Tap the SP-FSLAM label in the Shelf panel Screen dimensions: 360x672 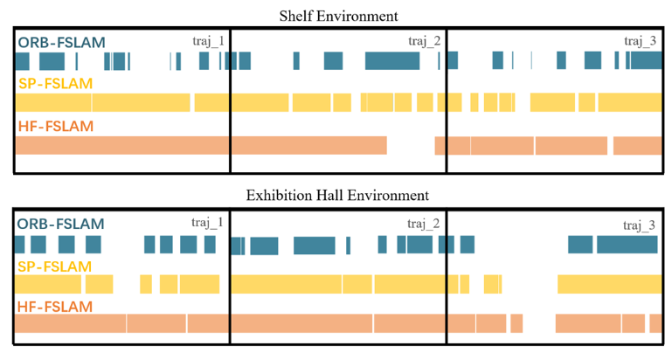[55, 83]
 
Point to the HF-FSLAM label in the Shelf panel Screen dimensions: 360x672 [55, 126]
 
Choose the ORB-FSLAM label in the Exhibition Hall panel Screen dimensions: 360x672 [61, 225]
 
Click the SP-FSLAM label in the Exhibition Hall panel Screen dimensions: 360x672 [55, 266]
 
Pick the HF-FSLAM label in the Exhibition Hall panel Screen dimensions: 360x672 [55, 307]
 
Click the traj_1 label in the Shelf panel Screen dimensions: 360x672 [209, 41]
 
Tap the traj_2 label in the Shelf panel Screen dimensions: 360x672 [425, 41]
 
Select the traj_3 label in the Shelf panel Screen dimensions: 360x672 [641, 41]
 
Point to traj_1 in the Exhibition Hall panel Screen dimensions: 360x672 [208, 224]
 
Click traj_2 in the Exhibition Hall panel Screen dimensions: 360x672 [424, 225]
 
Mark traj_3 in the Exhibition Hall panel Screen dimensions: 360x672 [640, 225]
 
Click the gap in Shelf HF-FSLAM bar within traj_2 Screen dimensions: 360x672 [416, 145]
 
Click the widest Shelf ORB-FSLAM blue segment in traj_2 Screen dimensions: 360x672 [392, 61]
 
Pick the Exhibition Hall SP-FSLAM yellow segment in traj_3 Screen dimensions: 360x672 [609, 284]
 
